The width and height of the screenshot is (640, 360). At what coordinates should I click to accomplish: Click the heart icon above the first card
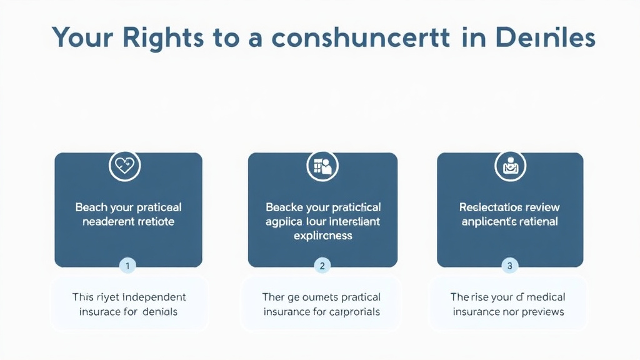coord(124,166)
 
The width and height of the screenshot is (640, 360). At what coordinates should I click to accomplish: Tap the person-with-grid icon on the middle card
coord(322,166)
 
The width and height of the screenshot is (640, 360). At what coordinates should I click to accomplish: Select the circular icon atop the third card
coord(510,166)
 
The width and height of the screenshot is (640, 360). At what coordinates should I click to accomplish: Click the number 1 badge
coord(127,266)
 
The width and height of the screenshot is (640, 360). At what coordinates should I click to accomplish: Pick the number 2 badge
coord(322,266)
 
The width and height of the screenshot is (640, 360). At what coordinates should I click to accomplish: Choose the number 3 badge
coord(510,266)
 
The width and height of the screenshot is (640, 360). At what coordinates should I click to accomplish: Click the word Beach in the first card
coord(91,207)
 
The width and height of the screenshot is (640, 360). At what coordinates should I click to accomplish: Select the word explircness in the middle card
coord(322,236)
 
